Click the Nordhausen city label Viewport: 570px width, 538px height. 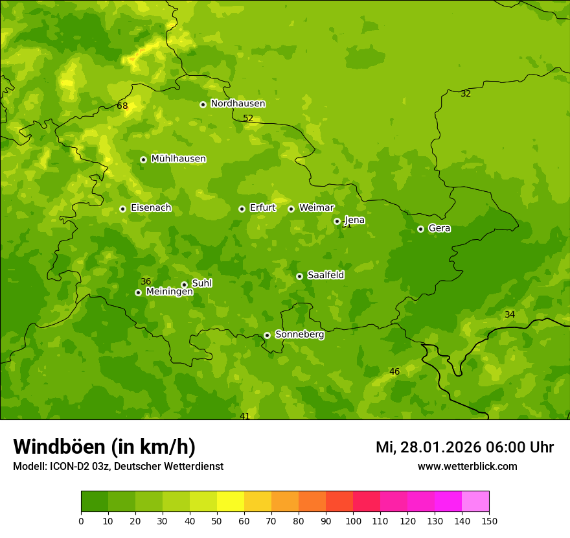238,104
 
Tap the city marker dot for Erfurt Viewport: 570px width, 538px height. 242,209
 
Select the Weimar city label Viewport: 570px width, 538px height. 316,208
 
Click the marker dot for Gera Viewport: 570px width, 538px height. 420,229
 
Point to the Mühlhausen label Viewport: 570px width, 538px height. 178,159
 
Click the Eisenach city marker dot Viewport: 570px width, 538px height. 122,209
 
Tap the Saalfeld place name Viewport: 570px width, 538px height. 325,275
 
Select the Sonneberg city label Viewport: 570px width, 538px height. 299,334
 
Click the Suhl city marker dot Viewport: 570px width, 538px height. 184,285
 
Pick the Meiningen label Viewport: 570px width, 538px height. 169,292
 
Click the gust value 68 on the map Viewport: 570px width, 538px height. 122,106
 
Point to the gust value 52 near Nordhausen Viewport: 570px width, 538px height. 248,119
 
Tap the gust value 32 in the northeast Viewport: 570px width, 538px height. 466,94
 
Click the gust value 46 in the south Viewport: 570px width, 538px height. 394,372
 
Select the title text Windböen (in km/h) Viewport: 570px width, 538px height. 104,447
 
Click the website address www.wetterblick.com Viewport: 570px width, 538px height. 467,467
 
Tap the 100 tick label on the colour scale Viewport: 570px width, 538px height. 353,520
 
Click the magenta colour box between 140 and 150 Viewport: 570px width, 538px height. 475,502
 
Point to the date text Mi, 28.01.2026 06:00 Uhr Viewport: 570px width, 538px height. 464,447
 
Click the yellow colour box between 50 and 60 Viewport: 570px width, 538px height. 231,502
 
